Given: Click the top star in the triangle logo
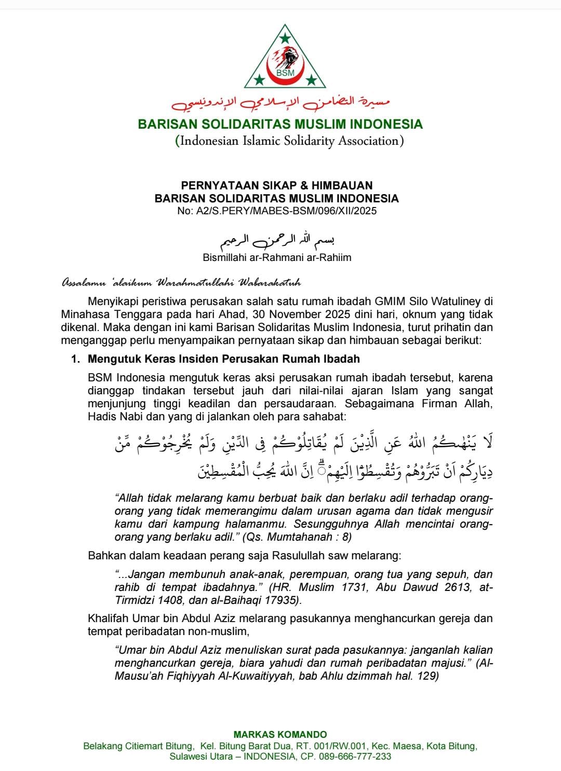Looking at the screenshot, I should point(285,38).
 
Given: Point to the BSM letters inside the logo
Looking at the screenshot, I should point(285,73).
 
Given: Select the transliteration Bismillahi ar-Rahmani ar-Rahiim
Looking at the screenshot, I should point(277,257).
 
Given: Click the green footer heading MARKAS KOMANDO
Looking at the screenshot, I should point(280,735).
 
